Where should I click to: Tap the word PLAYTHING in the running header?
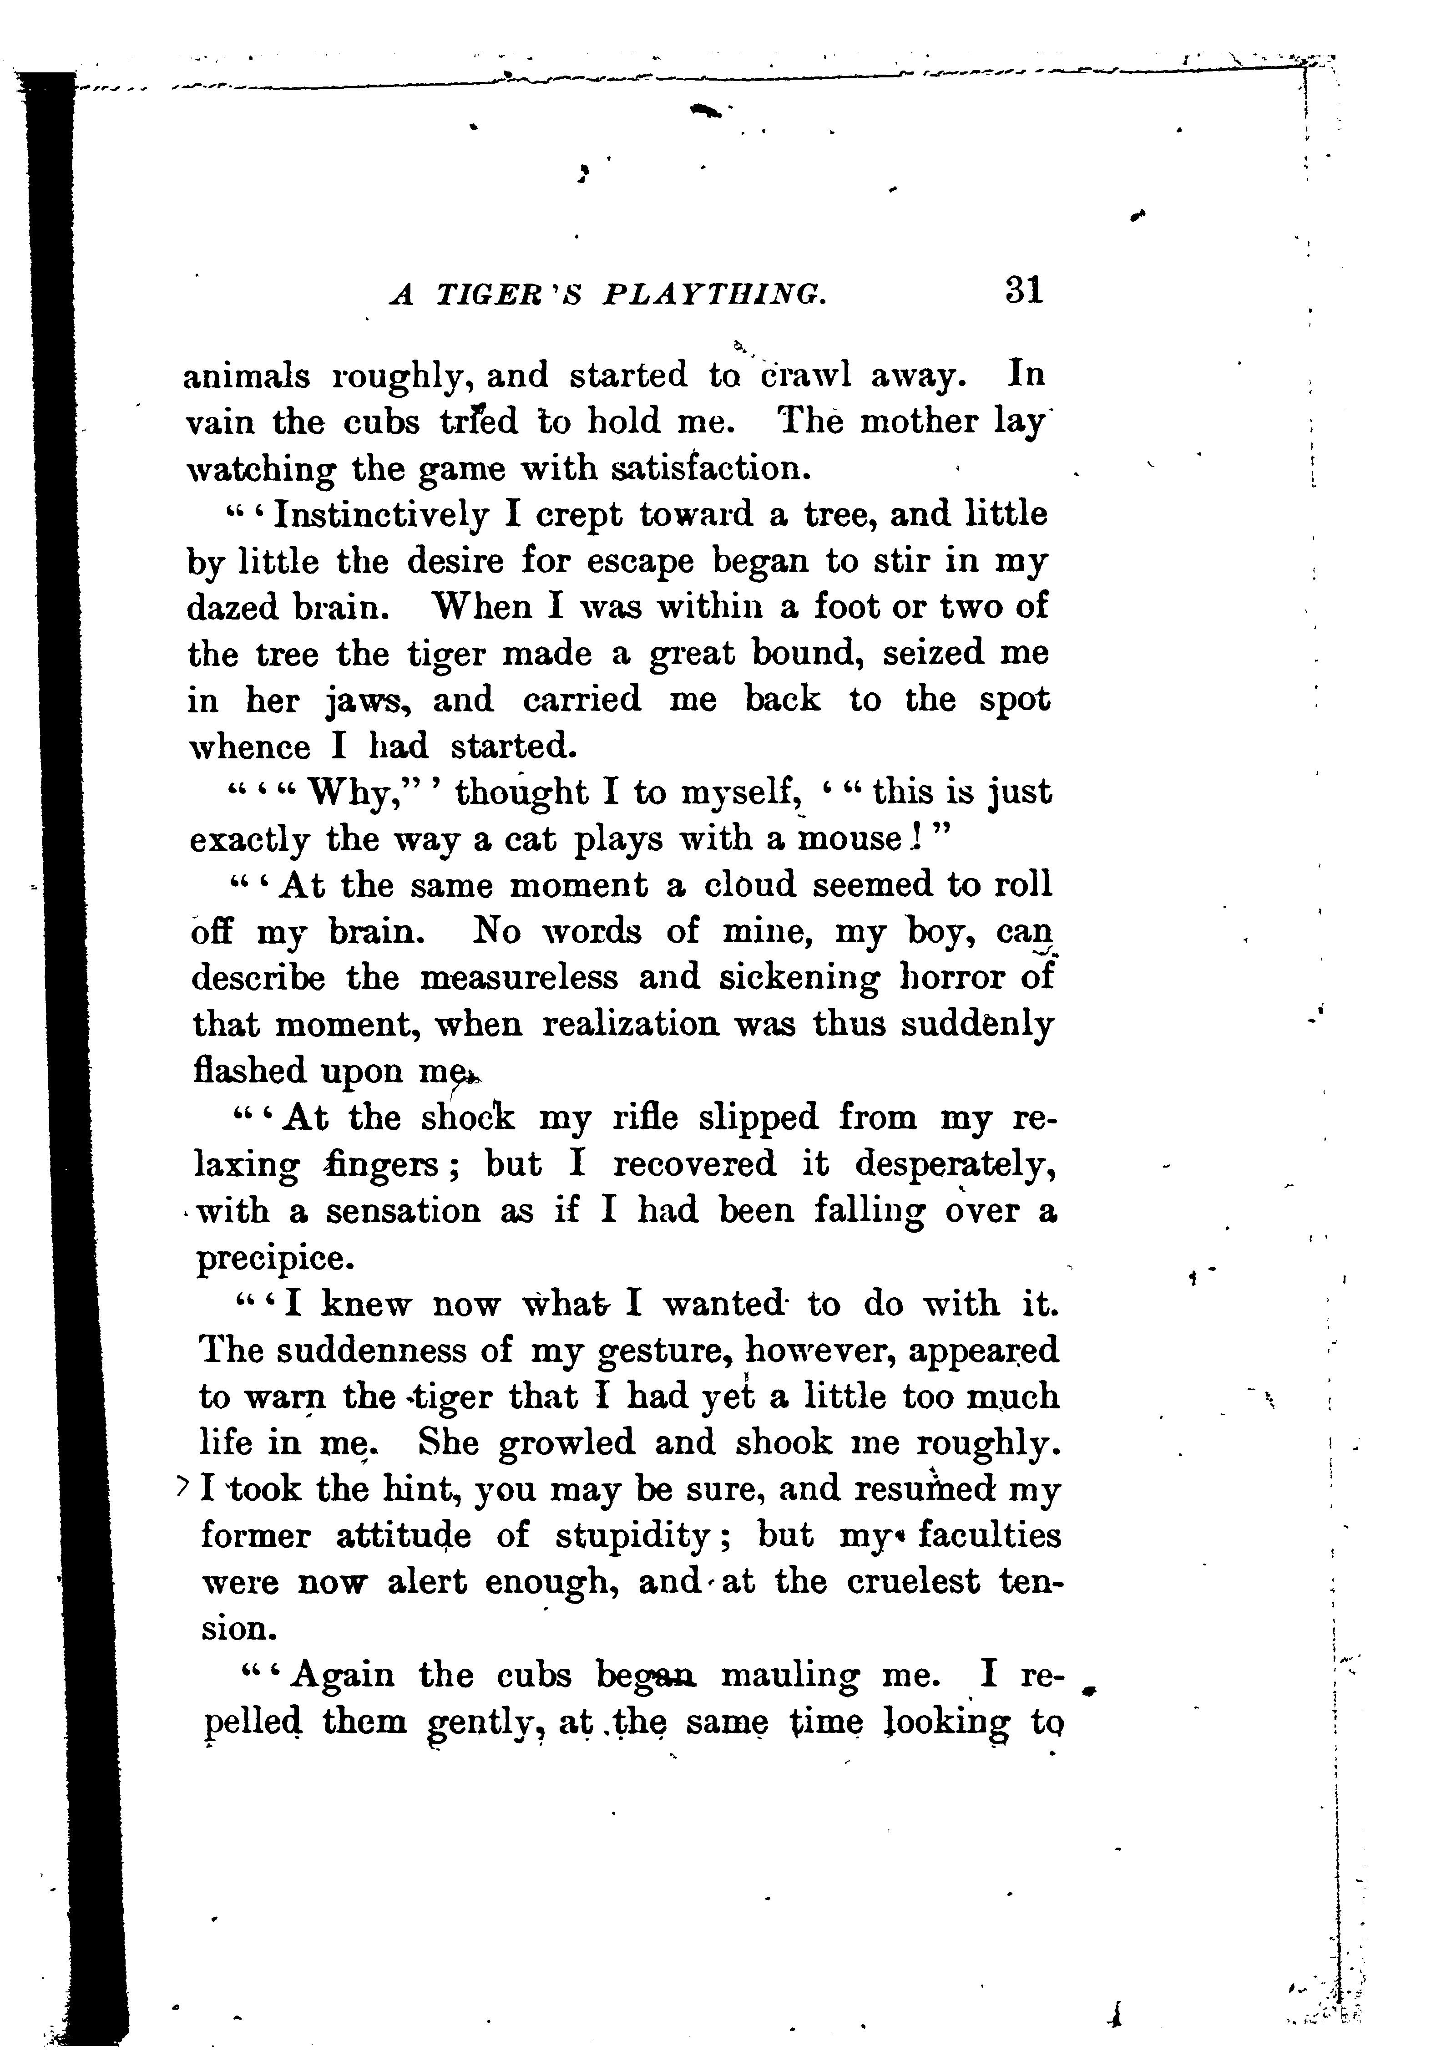point(714,295)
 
